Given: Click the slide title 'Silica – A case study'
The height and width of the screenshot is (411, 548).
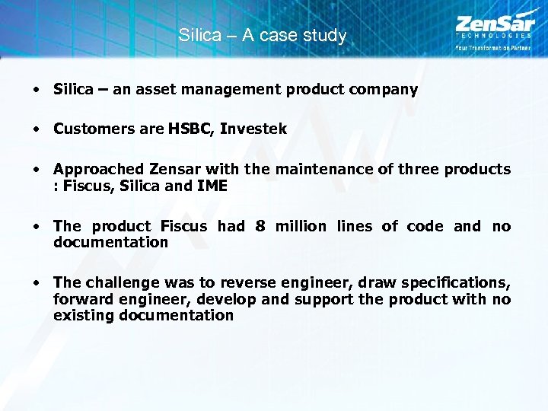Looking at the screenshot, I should pyautogui.click(x=263, y=36).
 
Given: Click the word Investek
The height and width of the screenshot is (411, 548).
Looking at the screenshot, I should pyautogui.click(x=253, y=129).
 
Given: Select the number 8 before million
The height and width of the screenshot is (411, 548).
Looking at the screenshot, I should pyautogui.click(x=260, y=226).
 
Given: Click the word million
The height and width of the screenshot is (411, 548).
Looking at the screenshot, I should pyautogui.click(x=299, y=226).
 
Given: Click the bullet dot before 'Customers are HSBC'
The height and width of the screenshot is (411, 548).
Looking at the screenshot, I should pyautogui.click(x=37, y=129).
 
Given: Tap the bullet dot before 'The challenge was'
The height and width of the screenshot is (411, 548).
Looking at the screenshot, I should pyautogui.click(x=37, y=283).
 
